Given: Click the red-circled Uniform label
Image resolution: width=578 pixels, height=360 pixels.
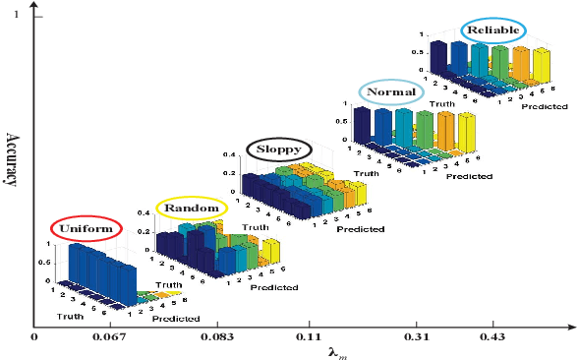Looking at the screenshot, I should (x=88, y=229).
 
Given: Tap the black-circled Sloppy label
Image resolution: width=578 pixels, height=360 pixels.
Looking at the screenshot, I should (x=279, y=150).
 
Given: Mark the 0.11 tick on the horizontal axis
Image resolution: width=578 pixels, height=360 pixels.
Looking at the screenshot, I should (x=309, y=337).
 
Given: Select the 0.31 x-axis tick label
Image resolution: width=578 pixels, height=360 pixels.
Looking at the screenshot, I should (x=416, y=337).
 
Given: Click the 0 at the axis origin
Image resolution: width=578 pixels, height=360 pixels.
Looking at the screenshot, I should (x=34, y=337).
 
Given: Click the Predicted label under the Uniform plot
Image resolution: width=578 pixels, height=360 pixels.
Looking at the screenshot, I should (x=177, y=319).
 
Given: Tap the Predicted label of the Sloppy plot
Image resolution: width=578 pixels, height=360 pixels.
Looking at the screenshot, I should (x=360, y=230).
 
